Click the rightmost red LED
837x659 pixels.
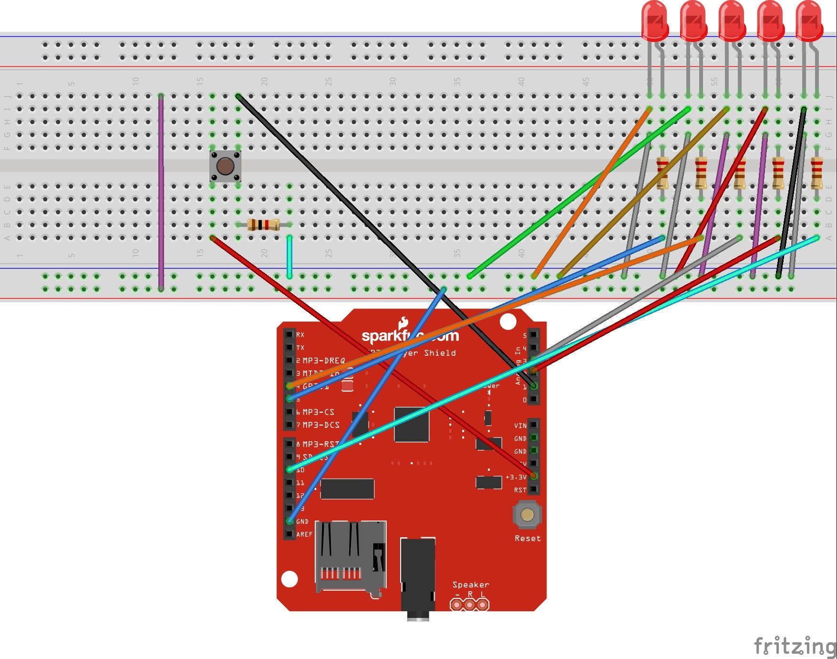pyautogui.click(x=809, y=21)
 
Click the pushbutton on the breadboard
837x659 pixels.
pyautogui.click(x=225, y=166)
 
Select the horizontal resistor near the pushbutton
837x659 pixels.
pyautogui.click(x=264, y=224)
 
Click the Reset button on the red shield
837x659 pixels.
pyautogui.click(x=527, y=515)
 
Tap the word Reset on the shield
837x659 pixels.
pyautogui.click(x=527, y=538)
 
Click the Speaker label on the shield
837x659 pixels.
pyautogui.click(x=470, y=585)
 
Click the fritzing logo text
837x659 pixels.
pyautogui.click(x=794, y=646)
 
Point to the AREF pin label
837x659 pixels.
pyautogui.click(x=304, y=534)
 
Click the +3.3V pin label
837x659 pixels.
pyautogui.click(x=517, y=477)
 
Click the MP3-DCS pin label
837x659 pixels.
pyautogui.click(x=320, y=425)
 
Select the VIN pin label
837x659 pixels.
pyautogui.click(x=520, y=425)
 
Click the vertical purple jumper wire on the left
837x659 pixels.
pyautogui.click(x=161, y=191)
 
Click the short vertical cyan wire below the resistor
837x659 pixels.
pyautogui.click(x=289, y=256)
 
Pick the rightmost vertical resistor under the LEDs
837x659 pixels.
pyautogui.click(x=816, y=173)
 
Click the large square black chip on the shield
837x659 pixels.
pyautogui.click(x=412, y=424)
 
